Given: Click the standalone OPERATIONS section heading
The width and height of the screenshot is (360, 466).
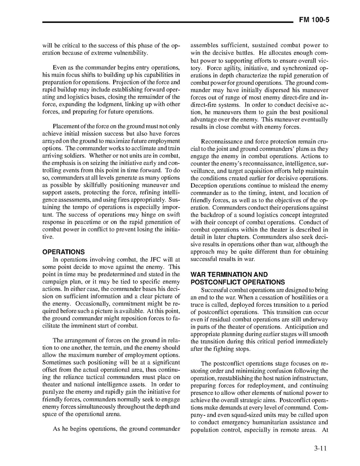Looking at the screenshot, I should pos(63,252).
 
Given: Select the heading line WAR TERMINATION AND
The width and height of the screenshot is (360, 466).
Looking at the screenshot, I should pos(229,275).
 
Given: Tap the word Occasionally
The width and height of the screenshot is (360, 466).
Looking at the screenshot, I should pos(92,303).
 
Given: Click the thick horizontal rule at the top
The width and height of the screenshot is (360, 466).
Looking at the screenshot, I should pos(168,22).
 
